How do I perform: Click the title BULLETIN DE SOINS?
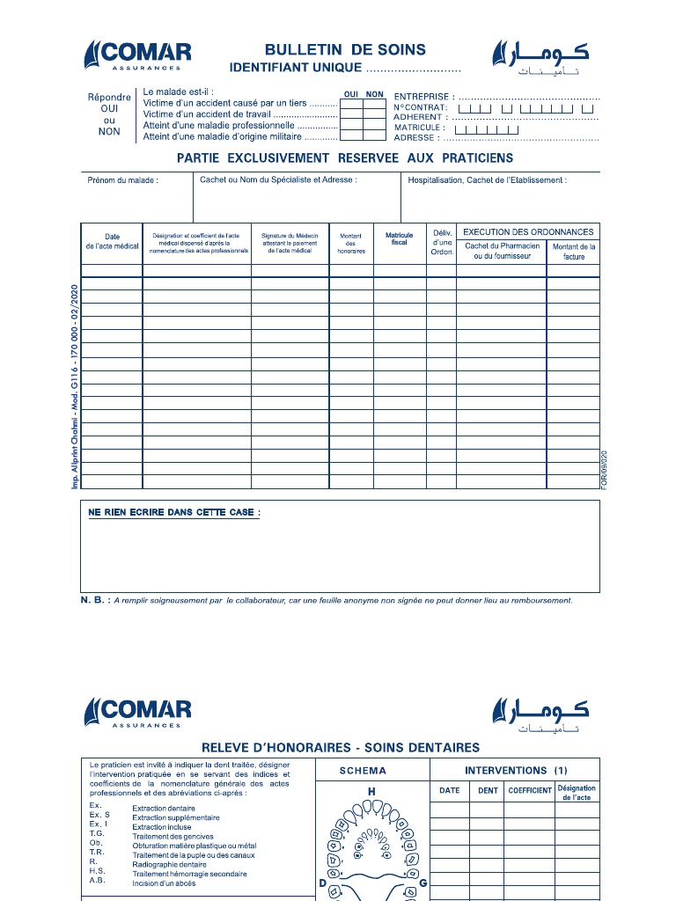pyautogui.click(x=345, y=50)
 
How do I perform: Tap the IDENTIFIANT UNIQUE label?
pyautogui.click(x=295, y=68)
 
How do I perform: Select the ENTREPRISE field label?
pyautogui.click(x=423, y=96)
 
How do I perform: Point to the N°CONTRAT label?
pyautogui.click(x=421, y=107)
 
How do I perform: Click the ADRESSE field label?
pyautogui.click(x=415, y=138)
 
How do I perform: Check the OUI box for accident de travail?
pyautogui.click(x=351, y=114)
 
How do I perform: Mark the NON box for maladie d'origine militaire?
pyautogui.click(x=375, y=136)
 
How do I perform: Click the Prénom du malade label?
pyautogui.click(x=122, y=180)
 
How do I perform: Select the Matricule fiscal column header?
pyautogui.click(x=399, y=238)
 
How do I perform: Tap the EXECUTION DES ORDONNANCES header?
pyautogui.click(x=528, y=232)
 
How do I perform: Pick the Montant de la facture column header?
pyautogui.click(x=574, y=252)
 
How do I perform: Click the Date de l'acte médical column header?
pyautogui.click(x=112, y=242)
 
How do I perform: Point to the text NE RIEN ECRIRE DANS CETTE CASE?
pyautogui.click(x=173, y=512)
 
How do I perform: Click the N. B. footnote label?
pyautogui.click(x=95, y=601)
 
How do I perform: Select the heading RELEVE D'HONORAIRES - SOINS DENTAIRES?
pyautogui.click(x=341, y=748)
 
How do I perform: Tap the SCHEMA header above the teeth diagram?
pyautogui.click(x=363, y=771)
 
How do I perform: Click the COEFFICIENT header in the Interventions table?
pyautogui.click(x=530, y=790)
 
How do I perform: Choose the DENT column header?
pyautogui.click(x=488, y=790)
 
